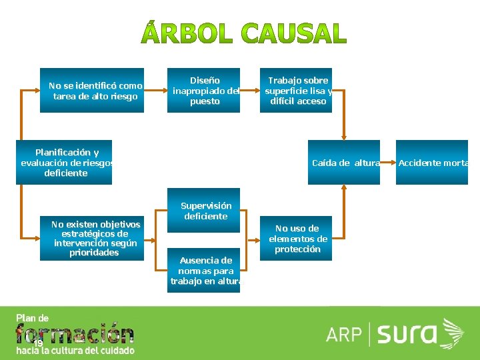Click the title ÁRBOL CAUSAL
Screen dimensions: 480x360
244,34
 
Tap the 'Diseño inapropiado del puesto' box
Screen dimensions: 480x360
205,91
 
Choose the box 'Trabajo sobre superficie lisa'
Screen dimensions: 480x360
296,91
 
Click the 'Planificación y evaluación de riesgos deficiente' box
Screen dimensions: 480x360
64,162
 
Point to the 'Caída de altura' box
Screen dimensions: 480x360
344,162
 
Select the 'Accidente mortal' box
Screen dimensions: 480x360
431,162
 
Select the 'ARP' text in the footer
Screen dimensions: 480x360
344,334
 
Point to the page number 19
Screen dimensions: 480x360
38,343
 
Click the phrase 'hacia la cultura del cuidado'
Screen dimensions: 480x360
75,351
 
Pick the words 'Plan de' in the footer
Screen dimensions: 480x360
32,318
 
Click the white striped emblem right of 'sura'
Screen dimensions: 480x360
453,333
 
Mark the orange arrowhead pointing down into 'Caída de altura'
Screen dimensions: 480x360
344,135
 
